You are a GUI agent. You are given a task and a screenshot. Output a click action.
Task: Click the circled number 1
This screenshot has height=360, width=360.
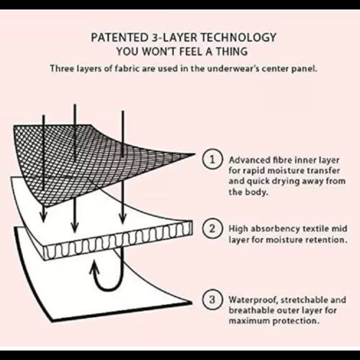click(212, 160)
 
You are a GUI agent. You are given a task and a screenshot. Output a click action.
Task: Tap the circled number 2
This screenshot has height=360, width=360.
click(212, 228)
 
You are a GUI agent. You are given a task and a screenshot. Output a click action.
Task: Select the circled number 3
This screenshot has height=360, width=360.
click(212, 299)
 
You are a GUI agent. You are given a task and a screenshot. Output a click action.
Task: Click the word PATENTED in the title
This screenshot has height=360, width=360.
click(119, 37)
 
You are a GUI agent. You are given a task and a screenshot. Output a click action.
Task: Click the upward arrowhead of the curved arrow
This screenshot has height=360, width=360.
click(94, 267)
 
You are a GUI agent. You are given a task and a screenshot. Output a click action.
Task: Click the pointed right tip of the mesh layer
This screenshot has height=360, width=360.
click(194, 154)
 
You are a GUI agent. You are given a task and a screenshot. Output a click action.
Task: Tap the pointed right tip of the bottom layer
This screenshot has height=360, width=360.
click(191, 303)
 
